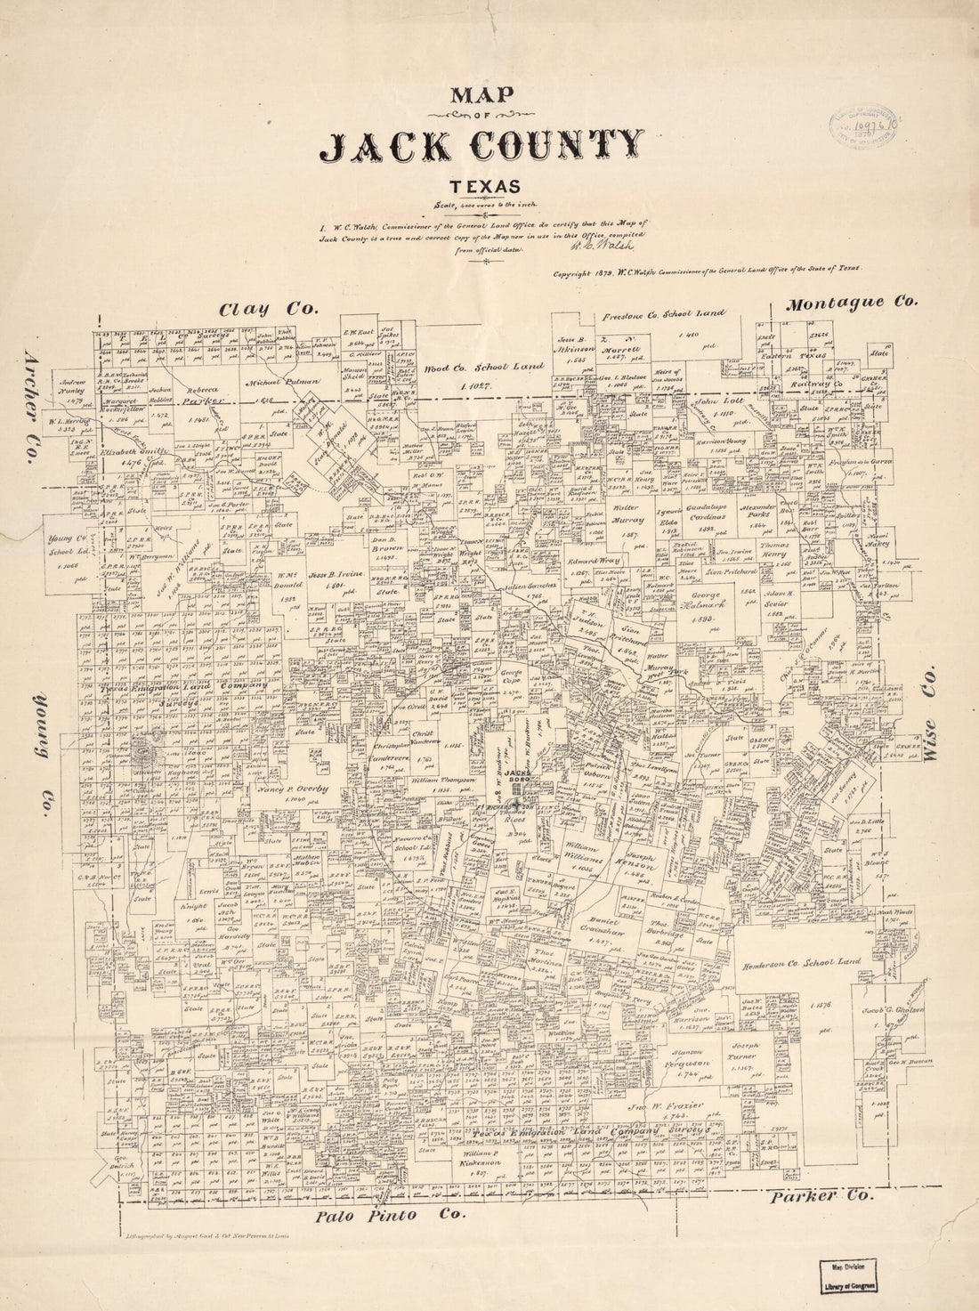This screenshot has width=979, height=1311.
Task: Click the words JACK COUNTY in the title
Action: [x=482, y=146]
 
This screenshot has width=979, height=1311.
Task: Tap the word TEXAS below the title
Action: [x=484, y=186]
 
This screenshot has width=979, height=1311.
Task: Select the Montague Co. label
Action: [x=851, y=303]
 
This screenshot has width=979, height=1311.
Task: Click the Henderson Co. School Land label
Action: [x=800, y=963]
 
